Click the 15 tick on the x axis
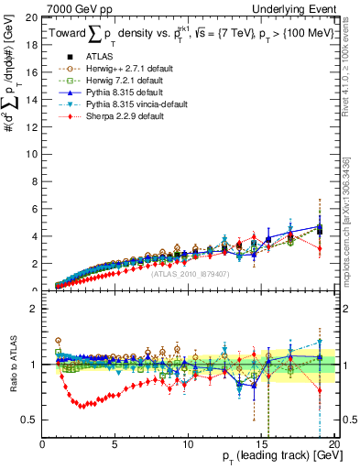pos(262,444)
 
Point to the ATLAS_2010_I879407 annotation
pos(190,273)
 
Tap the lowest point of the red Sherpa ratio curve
pos(81,405)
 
